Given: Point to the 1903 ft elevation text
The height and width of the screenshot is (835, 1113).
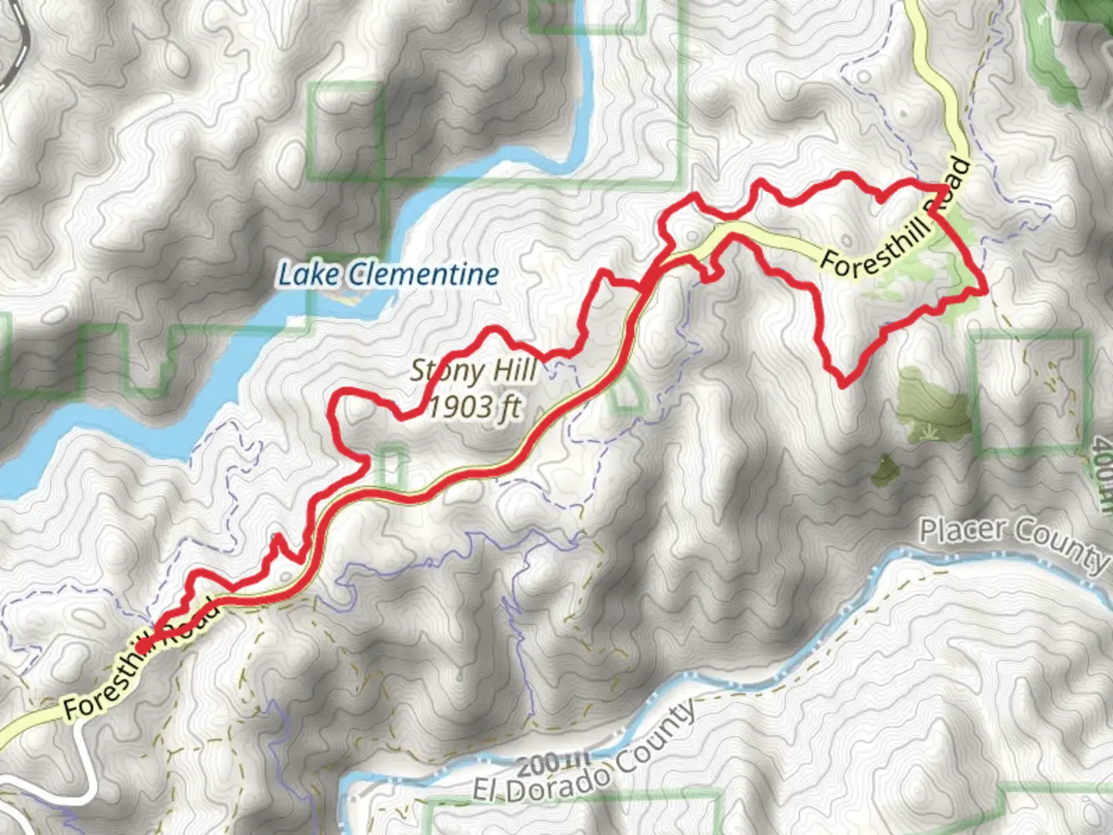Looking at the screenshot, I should tap(474, 406).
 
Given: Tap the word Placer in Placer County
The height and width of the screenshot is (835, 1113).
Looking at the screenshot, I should tap(962, 531).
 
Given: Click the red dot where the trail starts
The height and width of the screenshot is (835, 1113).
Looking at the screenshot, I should tap(143, 645).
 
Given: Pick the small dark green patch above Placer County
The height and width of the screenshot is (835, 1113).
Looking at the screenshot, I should tap(883, 469).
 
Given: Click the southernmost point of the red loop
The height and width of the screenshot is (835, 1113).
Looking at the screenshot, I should tap(842, 383).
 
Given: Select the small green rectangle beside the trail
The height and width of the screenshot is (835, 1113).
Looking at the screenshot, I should tap(392, 465).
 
